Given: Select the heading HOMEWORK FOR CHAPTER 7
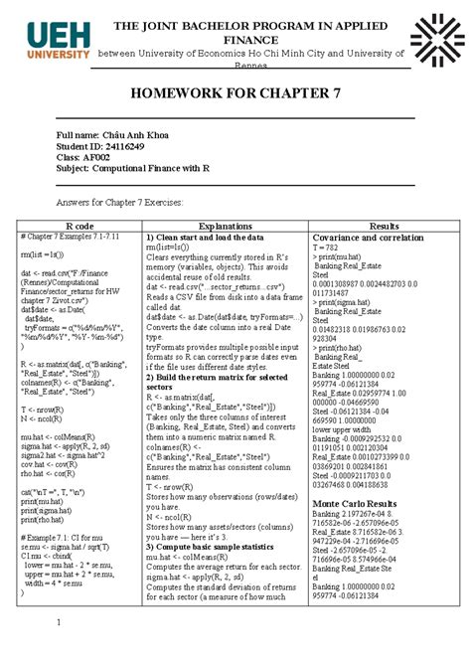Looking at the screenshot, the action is tap(235, 93).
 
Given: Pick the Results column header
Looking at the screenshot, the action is tap(383, 226).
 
